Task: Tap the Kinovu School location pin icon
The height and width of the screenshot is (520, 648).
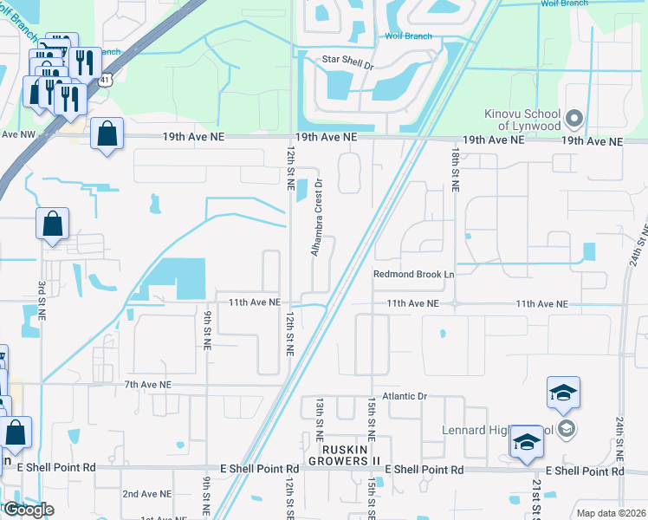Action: coord(573,118)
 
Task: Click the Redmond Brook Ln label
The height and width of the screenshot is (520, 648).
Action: coord(414,274)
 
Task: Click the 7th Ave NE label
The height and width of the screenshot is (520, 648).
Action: coord(148,384)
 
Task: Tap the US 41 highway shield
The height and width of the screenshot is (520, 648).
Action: coord(104,79)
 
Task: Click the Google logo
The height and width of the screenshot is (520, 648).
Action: coord(28,510)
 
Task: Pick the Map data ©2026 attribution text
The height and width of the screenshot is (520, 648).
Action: coord(612,513)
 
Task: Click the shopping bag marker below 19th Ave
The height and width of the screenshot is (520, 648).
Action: coord(107,135)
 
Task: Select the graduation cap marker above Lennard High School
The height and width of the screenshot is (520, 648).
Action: coord(563,393)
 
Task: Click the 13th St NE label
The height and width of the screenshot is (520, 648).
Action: coord(319,419)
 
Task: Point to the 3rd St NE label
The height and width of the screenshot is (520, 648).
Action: coord(41,300)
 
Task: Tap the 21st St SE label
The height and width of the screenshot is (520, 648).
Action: coord(537,498)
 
